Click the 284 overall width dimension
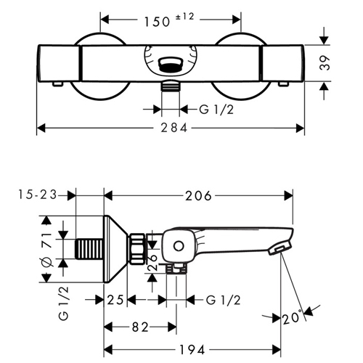174,128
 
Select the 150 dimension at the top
158,22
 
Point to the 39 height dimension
325,63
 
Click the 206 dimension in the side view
198,196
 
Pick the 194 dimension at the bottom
192,349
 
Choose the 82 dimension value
140,327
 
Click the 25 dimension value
115,300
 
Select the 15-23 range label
38,195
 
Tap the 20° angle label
292,317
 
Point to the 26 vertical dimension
152,263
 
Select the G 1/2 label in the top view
216,110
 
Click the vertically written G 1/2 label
64,303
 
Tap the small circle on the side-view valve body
179,246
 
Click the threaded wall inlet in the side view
89,249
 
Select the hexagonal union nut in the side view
137,248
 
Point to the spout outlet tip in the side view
280,249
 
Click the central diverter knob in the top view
171,65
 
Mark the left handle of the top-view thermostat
59,63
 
